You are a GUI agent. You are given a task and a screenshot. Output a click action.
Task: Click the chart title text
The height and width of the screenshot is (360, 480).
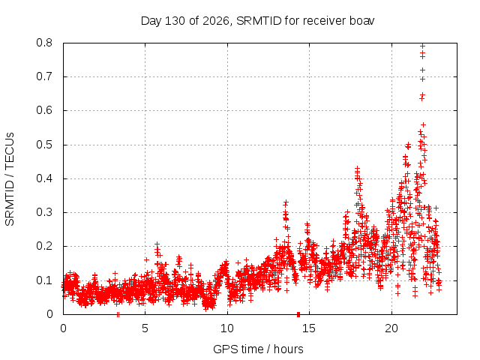click(x=257, y=21)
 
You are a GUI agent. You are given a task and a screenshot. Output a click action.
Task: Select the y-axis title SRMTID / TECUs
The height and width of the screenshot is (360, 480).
click(x=10, y=179)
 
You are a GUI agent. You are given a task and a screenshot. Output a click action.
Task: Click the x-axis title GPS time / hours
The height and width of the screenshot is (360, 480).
click(x=258, y=349)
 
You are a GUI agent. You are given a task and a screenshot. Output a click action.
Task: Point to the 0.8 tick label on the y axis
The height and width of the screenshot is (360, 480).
click(x=44, y=43)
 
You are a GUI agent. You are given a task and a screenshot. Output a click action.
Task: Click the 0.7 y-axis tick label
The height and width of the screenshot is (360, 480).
click(x=44, y=76)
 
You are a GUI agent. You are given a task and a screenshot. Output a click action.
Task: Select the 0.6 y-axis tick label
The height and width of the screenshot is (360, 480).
click(x=44, y=110)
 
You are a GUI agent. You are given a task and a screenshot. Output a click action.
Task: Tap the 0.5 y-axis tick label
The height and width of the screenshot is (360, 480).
click(x=44, y=145)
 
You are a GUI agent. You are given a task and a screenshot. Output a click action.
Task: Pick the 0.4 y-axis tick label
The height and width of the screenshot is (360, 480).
click(x=44, y=178)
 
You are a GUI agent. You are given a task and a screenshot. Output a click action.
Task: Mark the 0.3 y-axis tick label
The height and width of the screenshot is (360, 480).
click(x=44, y=212)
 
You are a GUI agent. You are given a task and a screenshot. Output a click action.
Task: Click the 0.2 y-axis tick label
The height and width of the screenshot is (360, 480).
click(x=44, y=247)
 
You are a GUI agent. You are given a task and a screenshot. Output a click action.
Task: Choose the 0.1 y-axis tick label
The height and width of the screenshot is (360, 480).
click(x=44, y=280)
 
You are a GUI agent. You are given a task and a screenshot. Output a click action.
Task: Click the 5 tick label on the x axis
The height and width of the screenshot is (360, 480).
click(x=145, y=328)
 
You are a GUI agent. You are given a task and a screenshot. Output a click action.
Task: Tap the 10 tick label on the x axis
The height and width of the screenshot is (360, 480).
click(x=227, y=328)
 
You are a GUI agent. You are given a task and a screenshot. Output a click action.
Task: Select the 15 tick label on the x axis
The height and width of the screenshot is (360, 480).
click(x=309, y=328)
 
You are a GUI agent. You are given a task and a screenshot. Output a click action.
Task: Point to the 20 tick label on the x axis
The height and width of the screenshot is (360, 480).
click(x=391, y=328)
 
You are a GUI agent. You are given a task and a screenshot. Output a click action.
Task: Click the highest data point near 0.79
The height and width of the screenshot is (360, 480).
click(x=423, y=46)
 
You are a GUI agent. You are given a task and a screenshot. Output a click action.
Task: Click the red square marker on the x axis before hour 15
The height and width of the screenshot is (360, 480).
click(x=298, y=314)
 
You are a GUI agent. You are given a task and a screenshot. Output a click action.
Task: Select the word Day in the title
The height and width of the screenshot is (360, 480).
click(x=151, y=21)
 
